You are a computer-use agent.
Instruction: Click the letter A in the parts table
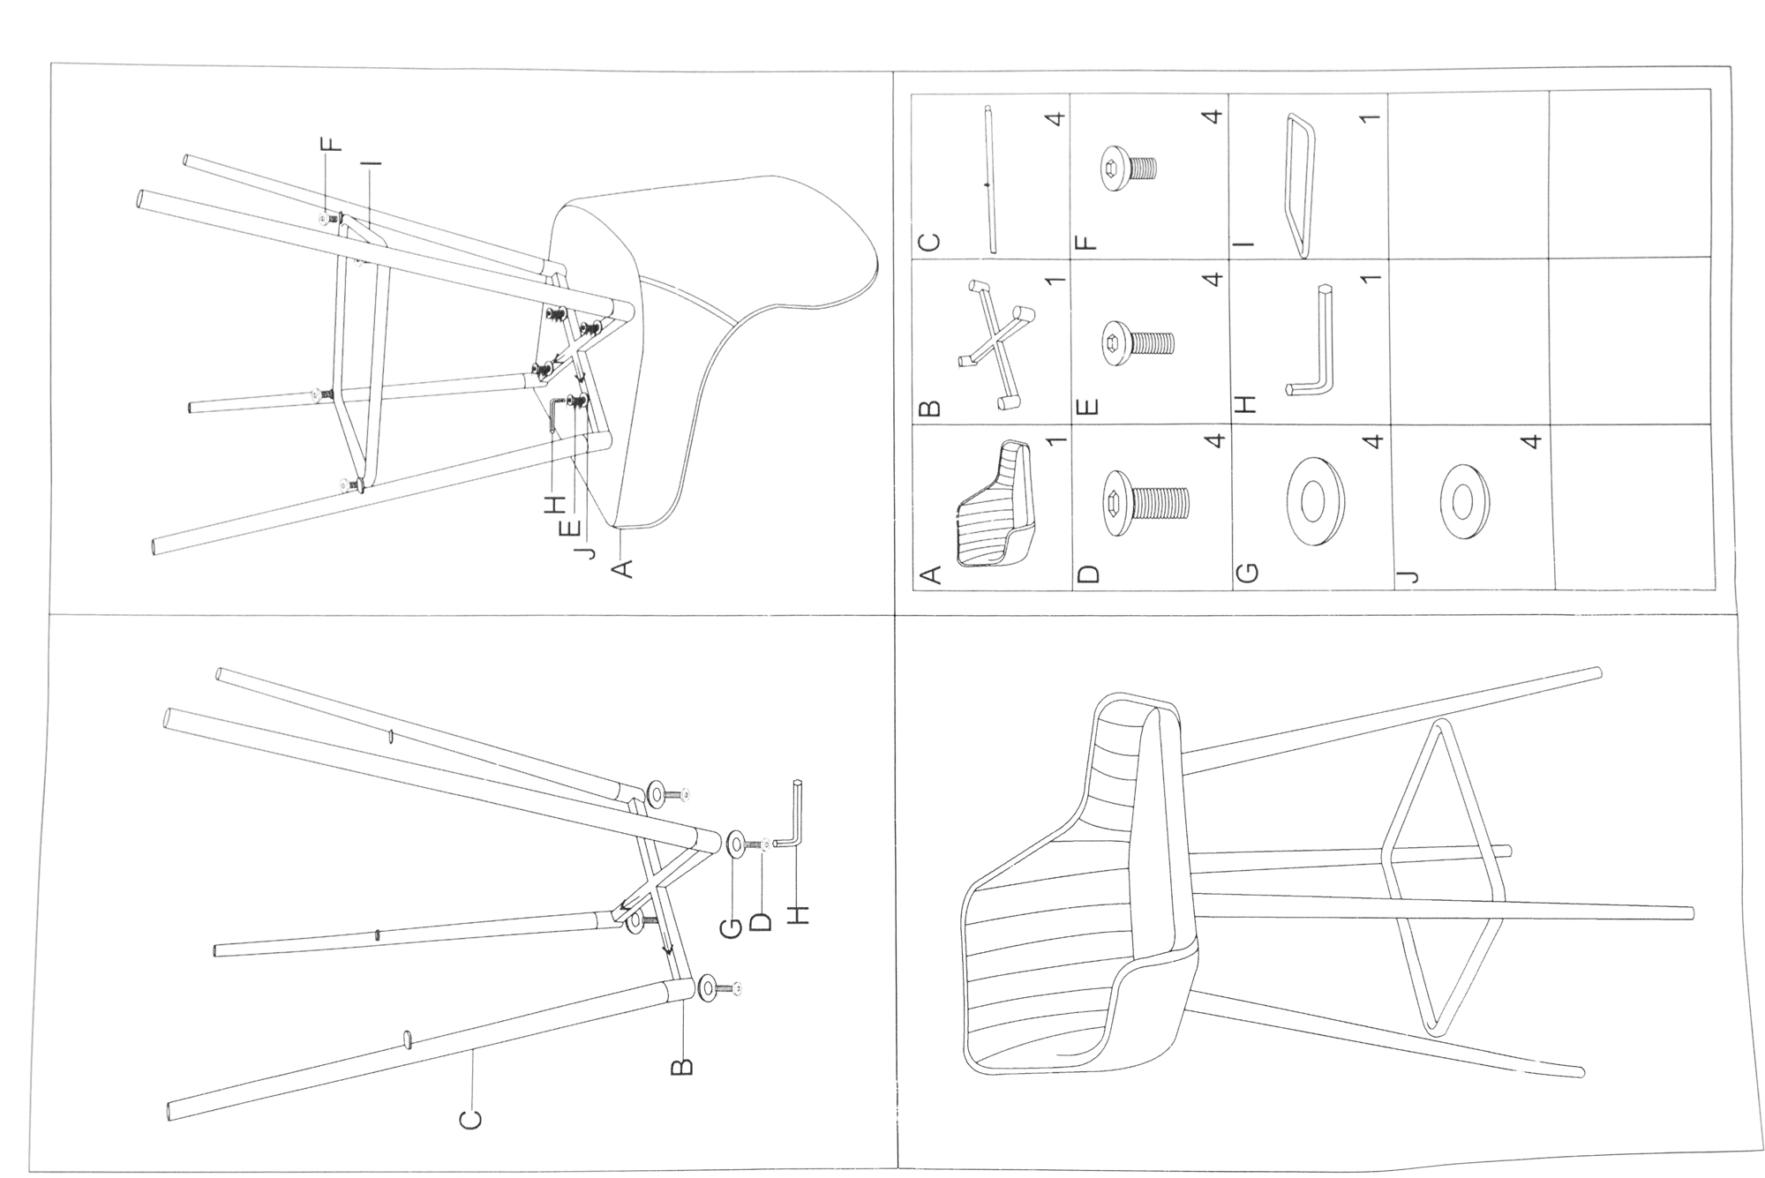pyautogui.click(x=929, y=574)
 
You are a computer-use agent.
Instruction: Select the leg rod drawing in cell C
pyautogui.click(x=990, y=181)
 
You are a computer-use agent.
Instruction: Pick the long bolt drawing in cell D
pyautogui.click(x=1146, y=504)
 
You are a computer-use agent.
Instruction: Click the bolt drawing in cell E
pyautogui.click(x=1138, y=340)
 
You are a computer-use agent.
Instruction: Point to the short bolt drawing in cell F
pyautogui.click(x=1129, y=167)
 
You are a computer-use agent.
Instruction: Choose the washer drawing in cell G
pyautogui.click(x=1314, y=500)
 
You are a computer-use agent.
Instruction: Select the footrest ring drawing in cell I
pyautogui.click(x=1300, y=185)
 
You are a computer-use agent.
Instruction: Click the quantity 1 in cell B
pyautogui.click(x=1055, y=281)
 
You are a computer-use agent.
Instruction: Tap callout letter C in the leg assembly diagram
pyautogui.click(x=471, y=1118)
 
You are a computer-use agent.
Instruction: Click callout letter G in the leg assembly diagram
pyautogui.click(x=732, y=928)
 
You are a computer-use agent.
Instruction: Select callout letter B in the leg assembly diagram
pyautogui.click(x=681, y=1067)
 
